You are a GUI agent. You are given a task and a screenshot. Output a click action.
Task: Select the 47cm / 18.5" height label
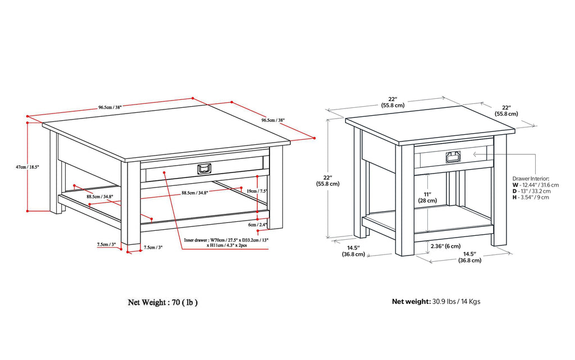[x=28, y=167]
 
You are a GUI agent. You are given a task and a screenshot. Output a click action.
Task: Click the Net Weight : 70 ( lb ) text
[x=163, y=302]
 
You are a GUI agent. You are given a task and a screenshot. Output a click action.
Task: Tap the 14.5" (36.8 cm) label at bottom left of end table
[x=353, y=250]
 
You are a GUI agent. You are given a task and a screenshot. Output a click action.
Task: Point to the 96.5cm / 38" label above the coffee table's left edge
[x=111, y=107]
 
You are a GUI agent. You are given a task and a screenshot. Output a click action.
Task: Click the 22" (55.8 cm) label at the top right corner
[x=506, y=110]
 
